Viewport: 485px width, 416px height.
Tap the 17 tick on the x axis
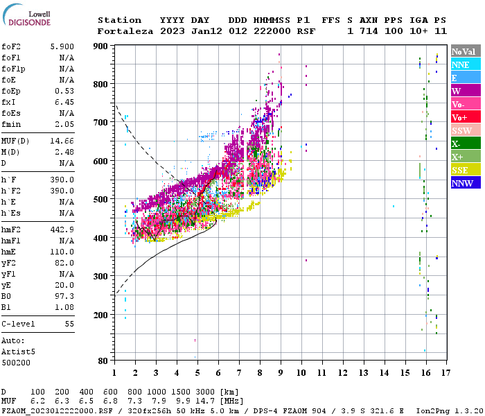(448, 373)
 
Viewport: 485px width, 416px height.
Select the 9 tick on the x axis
(281, 373)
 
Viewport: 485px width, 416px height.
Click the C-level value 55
(69, 324)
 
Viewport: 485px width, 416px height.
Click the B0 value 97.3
(64, 296)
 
